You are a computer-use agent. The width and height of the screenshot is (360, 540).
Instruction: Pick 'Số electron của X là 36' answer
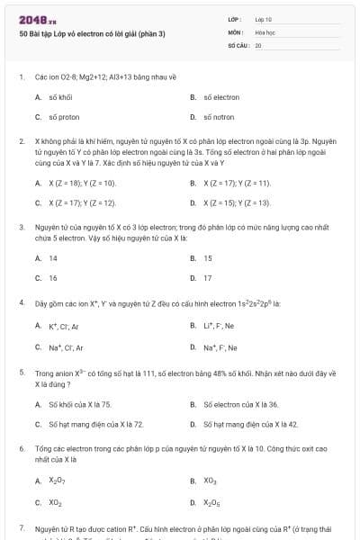click(x=241, y=405)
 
